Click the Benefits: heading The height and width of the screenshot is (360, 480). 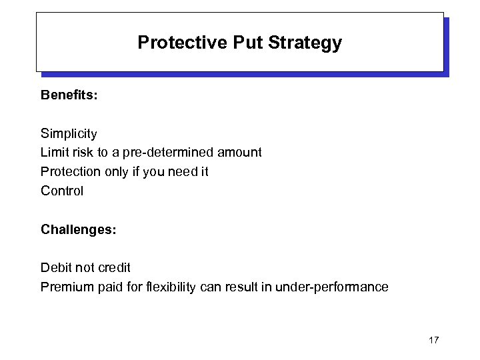69,95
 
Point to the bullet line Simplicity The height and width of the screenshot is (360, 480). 69,133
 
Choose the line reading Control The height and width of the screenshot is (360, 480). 62,191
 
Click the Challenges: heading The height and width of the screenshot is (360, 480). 79,229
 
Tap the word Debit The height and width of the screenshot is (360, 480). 56,267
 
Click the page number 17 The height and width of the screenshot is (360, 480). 433,341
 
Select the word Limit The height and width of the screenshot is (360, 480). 54,153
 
